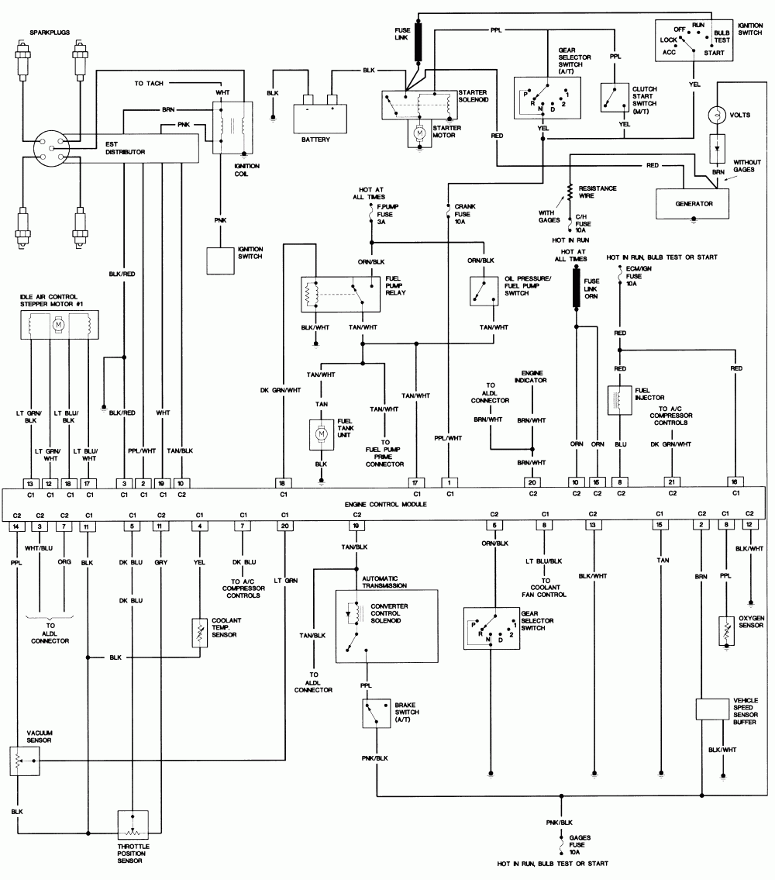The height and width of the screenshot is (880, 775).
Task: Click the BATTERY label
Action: click(x=315, y=140)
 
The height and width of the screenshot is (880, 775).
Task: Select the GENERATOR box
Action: click(x=693, y=203)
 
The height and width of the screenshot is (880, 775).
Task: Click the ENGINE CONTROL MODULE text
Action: click(x=385, y=504)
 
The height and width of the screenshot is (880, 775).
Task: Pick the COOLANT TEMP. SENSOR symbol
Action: click(x=200, y=633)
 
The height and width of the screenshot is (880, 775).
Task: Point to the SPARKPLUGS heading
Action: click(x=49, y=32)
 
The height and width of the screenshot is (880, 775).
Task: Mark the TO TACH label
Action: click(x=150, y=83)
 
